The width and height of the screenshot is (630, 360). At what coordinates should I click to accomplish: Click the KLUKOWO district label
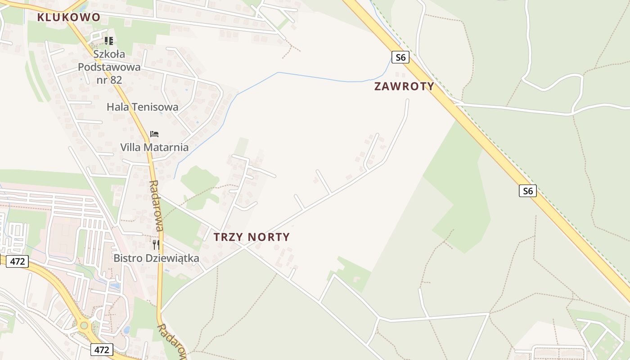(68, 18)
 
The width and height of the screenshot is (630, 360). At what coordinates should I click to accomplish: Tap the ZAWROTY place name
(404, 86)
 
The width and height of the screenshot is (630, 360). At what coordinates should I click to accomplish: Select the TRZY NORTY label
(252, 237)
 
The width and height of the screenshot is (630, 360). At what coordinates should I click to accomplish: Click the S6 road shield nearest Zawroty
(400, 57)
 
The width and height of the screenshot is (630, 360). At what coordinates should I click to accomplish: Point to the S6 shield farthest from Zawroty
(527, 191)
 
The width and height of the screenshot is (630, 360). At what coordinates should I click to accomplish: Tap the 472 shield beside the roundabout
(102, 349)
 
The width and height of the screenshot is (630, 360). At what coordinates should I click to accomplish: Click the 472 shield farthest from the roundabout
(17, 261)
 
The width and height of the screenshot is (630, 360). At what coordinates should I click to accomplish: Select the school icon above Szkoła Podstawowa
(108, 41)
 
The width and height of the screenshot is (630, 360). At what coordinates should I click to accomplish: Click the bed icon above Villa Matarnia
(154, 134)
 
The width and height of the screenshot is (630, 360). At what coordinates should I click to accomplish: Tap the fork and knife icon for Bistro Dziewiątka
(156, 245)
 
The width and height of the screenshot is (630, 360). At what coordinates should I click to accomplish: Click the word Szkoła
(109, 54)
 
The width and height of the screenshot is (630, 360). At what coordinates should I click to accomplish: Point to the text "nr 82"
(109, 80)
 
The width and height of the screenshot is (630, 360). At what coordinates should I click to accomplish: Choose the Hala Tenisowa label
(142, 107)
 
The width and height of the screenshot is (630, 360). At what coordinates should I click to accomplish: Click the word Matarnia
(166, 147)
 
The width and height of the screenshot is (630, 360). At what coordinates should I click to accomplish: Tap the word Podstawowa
(109, 67)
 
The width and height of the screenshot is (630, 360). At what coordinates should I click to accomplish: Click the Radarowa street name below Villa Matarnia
(156, 205)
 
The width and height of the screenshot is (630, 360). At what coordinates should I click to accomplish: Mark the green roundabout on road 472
(84, 325)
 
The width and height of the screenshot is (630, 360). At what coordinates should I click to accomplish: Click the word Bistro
(127, 258)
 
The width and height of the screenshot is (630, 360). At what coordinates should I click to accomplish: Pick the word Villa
(130, 147)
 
